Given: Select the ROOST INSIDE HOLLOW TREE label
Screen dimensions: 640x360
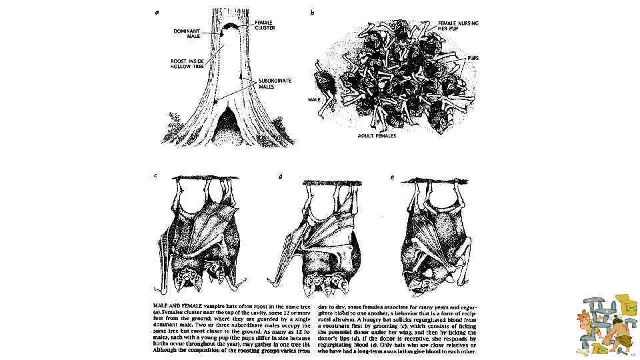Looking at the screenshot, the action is point(187,64).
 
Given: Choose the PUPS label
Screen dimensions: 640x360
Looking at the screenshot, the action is point(472,58).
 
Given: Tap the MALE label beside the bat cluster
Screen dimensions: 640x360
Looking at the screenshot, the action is point(314,99).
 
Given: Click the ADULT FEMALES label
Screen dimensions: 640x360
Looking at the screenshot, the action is point(377,135).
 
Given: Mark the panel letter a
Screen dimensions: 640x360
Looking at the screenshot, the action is point(157,11).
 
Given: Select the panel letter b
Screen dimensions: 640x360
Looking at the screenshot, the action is point(312,12).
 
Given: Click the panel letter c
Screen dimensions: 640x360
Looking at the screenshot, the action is point(156,176).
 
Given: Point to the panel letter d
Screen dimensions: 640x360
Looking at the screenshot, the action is point(280,177).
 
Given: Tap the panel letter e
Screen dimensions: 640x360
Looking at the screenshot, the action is point(393,177).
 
